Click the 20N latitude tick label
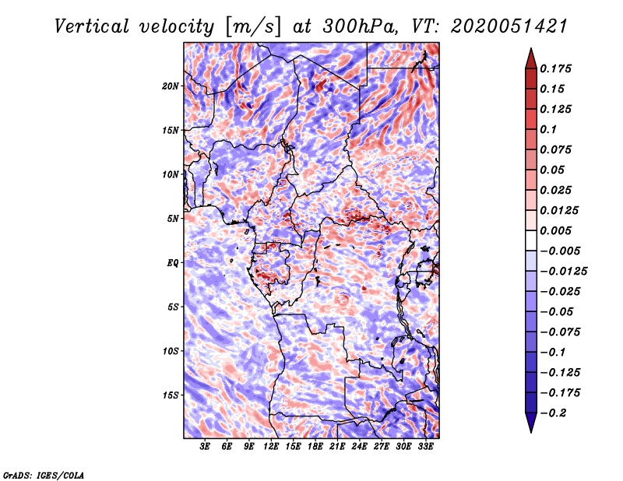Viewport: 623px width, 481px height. [x=171, y=86]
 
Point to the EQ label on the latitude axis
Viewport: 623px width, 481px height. [x=173, y=262]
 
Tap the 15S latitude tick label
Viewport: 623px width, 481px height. [x=171, y=395]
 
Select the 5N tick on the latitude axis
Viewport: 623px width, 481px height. [x=173, y=218]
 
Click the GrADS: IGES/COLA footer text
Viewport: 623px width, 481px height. [x=44, y=474]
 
